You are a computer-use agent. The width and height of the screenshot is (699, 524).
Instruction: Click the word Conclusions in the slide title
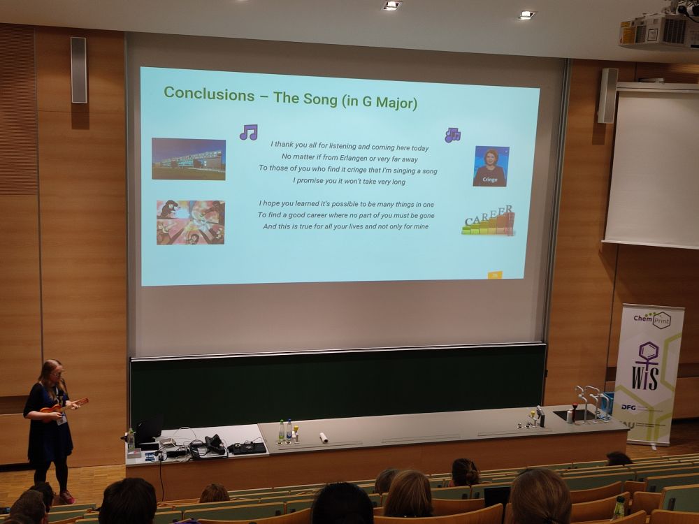point(209,94)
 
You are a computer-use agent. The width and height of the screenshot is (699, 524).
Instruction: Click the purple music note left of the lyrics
point(248,132)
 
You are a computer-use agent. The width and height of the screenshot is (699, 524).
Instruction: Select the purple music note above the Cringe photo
point(452,135)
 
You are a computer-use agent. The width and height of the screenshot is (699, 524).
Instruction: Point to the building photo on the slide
point(189,159)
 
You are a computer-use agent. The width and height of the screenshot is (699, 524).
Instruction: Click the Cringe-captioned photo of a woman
point(491,166)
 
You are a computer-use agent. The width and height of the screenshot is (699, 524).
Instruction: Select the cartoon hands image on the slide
point(190,222)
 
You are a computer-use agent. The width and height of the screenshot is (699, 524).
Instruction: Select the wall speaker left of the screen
point(78,70)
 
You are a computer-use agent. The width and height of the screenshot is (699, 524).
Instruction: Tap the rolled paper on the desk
point(324,438)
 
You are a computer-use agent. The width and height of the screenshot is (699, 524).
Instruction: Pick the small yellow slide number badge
point(495,275)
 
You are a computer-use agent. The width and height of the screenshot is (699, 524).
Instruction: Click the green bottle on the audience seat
point(618,507)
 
